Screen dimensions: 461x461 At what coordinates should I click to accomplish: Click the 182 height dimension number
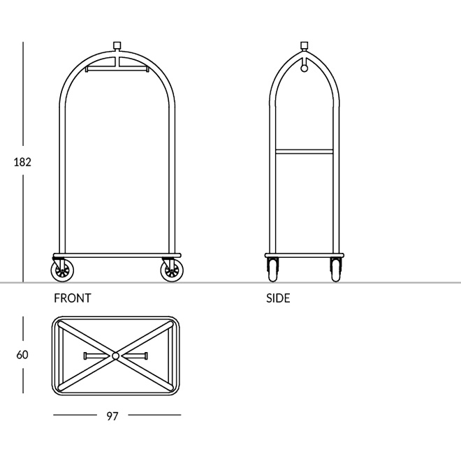(22, 162)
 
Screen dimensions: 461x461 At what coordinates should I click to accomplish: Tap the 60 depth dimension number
(22, 355)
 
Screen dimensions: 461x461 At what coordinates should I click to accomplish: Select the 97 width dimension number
(112, 416)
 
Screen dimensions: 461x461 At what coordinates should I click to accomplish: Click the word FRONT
(73, 298)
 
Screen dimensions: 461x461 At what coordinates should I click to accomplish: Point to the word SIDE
(278, 298)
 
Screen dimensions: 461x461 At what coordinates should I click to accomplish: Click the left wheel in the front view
(62, 270)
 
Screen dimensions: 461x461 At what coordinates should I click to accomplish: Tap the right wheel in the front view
(172, 270)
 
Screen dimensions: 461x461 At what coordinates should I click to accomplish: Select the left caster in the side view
(273, 270)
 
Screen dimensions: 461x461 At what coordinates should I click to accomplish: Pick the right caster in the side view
(336, 270)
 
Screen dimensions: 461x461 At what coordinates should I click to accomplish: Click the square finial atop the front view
(117, 45)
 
